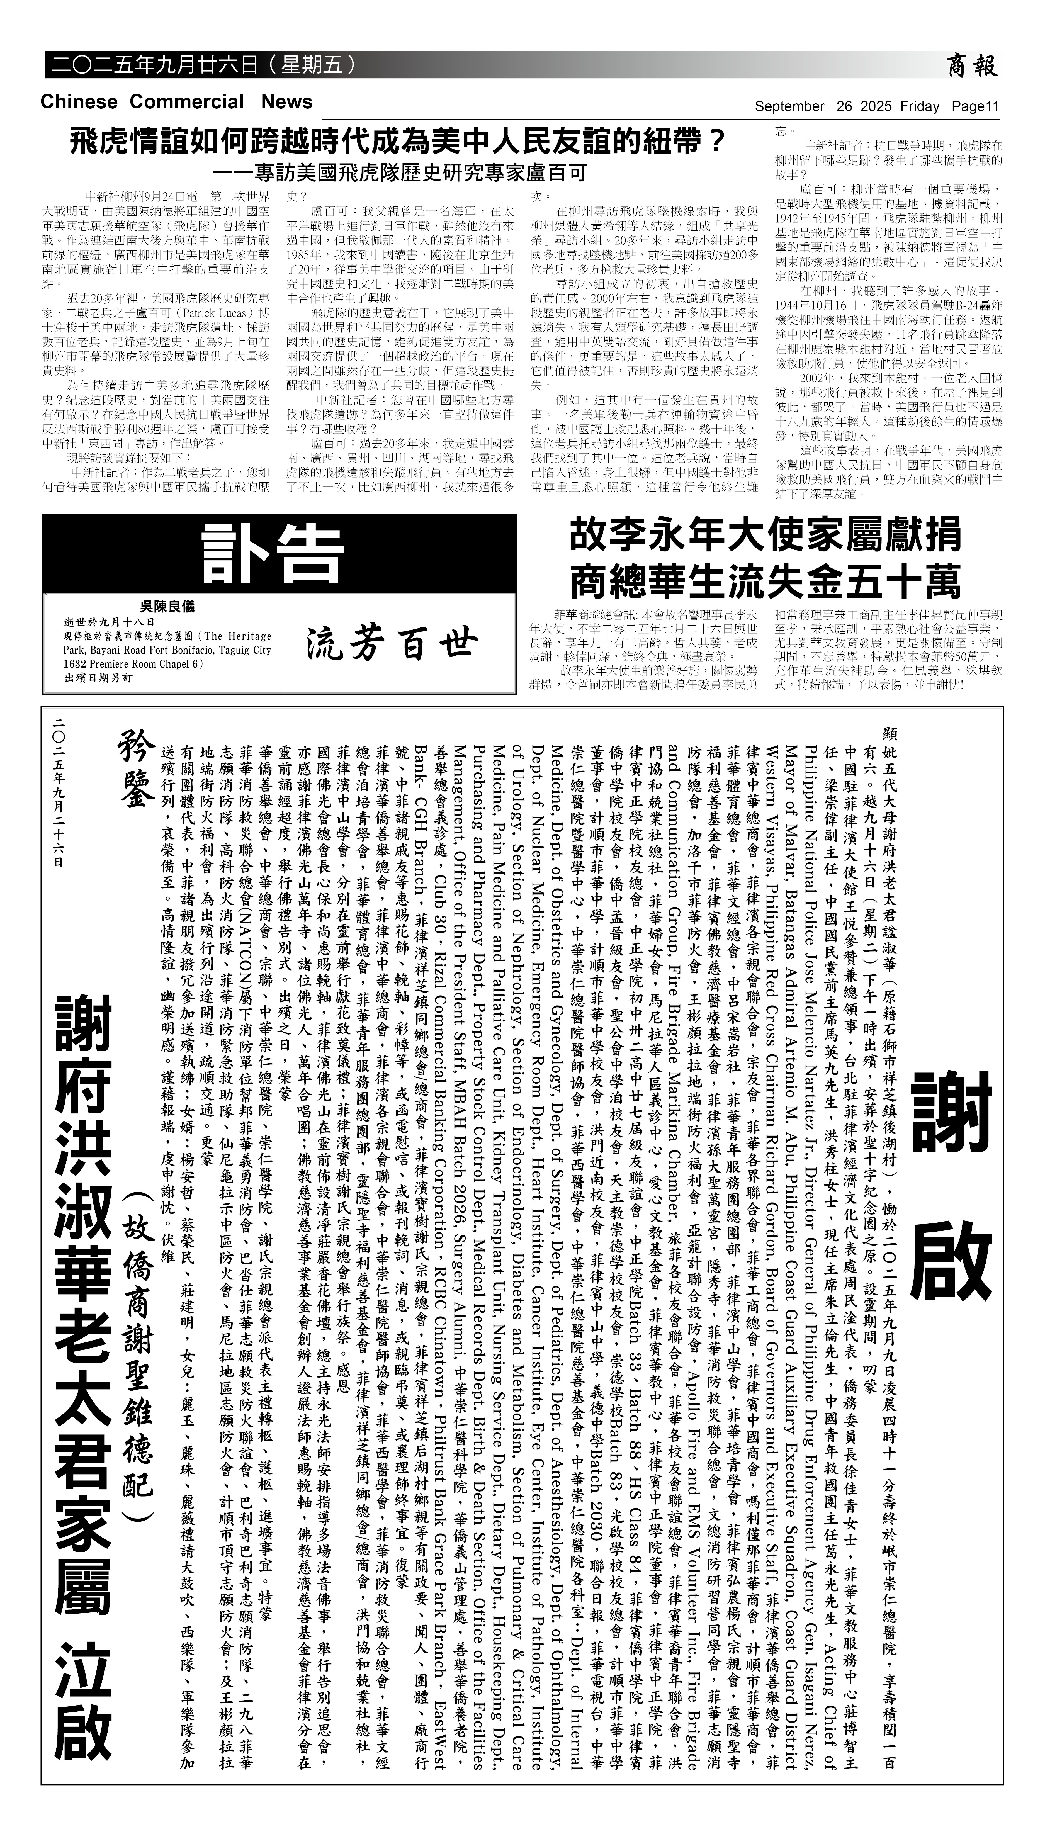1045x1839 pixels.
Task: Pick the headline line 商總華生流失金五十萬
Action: tap(765, 582)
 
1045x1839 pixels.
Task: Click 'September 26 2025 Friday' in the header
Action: tap(847, 107)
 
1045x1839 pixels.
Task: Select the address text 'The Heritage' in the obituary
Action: tap(236, 636)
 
